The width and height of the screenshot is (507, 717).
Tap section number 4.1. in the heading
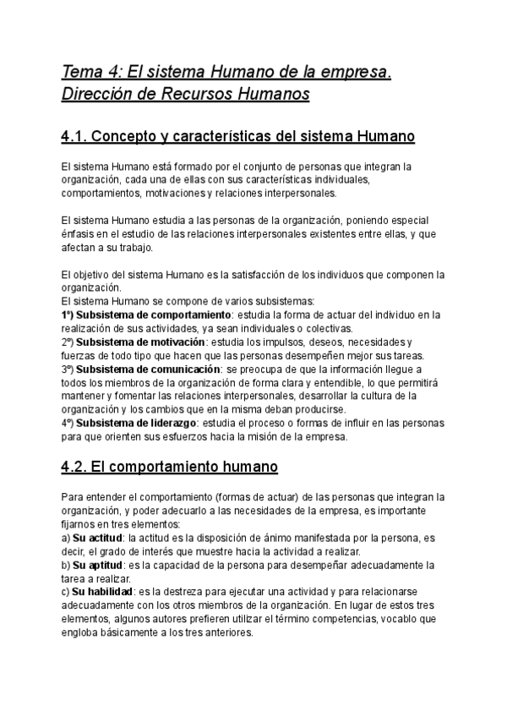coord(80,135)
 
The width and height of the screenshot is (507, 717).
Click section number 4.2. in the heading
coord(80,466)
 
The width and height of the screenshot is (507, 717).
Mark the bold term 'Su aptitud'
coord(97,564)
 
